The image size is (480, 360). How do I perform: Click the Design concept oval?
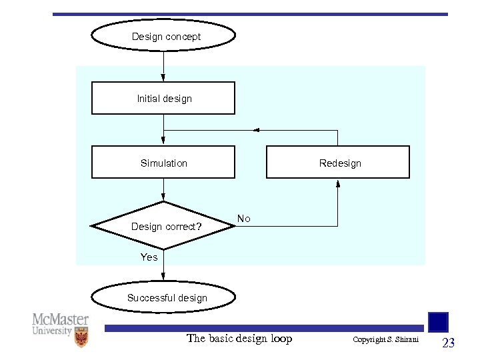click(x=163, y=37)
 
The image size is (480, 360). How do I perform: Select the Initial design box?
click(x=163, y=98)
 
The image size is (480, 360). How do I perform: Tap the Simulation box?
click(x=163, y=163)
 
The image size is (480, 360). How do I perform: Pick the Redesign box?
click(x=338, y=163)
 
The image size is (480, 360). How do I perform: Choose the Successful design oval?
click(x=163, y=298)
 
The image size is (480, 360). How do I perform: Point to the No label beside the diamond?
click(x=244, y=219)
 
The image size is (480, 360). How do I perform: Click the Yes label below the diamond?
click(x=149, y=257)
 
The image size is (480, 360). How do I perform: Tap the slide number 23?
click(x=449, y=343)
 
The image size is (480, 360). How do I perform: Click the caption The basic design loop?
click(x=239, y=339)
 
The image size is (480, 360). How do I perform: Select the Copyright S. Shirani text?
click(x=385, y=340)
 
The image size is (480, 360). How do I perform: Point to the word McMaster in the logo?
click(x=61, y=319)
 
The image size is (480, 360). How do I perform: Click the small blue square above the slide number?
click(x=438, y=322)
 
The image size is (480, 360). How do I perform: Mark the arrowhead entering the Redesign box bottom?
click(x=338, y=183)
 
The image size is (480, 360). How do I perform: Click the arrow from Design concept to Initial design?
click(x=163, y=67)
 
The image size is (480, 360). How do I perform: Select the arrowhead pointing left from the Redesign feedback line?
click(x=257, y=130)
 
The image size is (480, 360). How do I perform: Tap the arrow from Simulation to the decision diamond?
click(x=163, y=190)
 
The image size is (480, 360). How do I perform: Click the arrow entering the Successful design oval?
click(x=163, y=275)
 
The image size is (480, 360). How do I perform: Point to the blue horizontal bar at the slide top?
click(x=250, y=14)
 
